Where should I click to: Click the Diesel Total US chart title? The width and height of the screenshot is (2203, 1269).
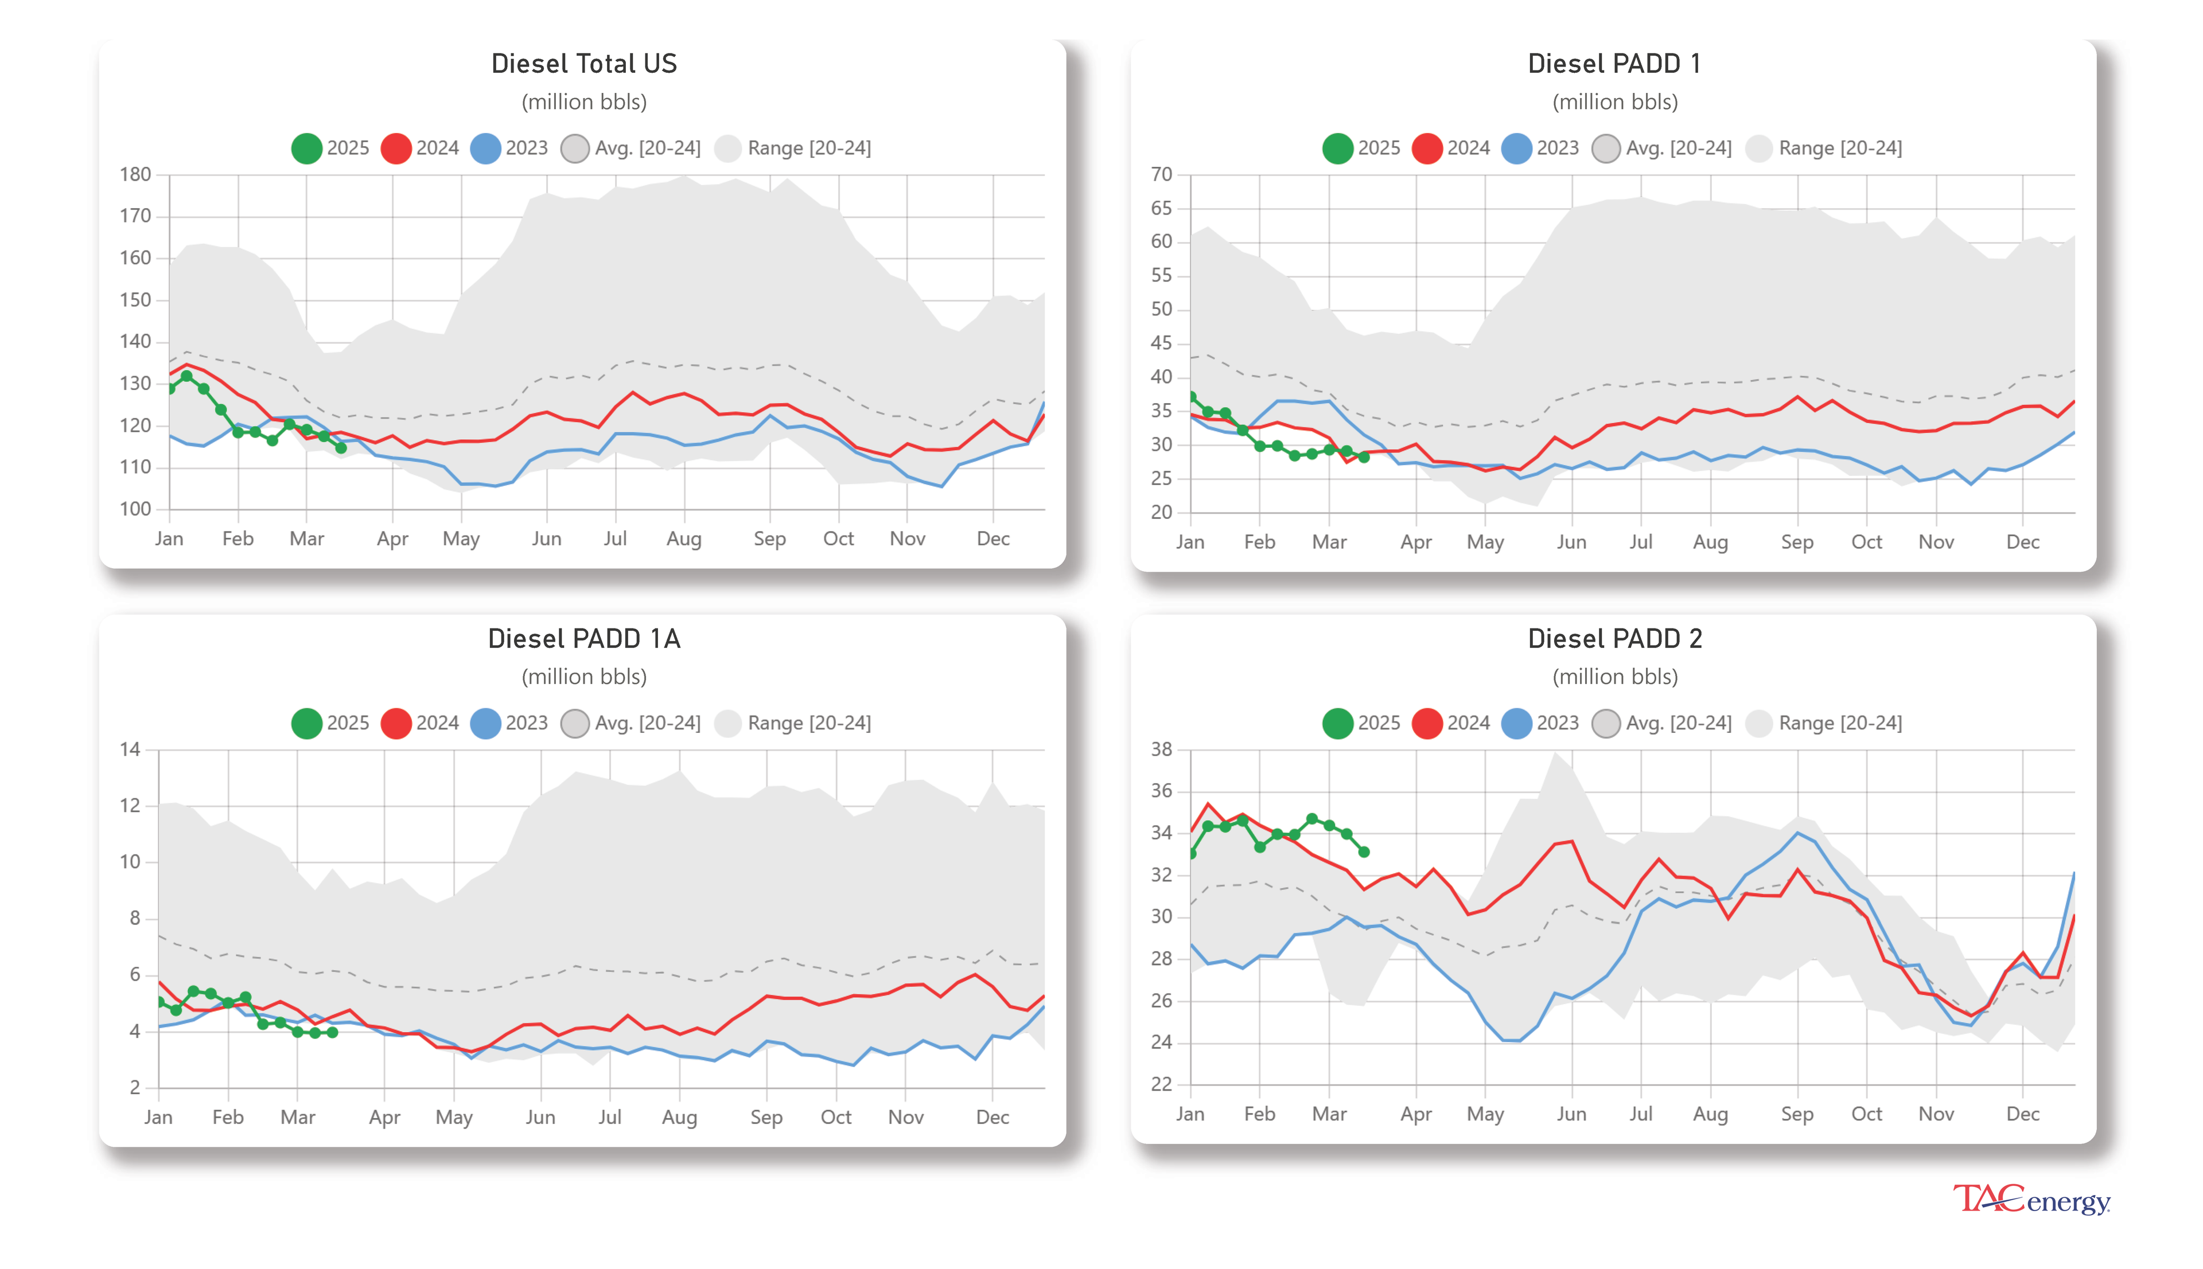[583, 64]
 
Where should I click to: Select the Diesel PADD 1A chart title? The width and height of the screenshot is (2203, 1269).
[583, 639]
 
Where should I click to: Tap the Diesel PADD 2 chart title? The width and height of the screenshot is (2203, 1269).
[1614, 639]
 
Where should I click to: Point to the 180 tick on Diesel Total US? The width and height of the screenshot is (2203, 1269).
[135, 174]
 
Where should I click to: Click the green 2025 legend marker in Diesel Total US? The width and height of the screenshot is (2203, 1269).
[306, 148]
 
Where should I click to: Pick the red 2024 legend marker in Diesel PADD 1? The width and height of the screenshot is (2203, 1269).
[1427, 148]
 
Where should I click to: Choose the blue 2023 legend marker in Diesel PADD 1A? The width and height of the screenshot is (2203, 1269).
[485, 724]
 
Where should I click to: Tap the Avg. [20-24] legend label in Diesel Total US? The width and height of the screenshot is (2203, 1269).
[647, 148]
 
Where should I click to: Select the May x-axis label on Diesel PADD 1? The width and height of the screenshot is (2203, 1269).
[1485, 542]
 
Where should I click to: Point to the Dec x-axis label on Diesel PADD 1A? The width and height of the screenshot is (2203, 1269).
[992, 1118]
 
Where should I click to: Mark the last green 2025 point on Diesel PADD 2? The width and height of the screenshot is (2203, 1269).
[1364, 852]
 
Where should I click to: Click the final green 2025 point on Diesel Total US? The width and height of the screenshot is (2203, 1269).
[341, 448]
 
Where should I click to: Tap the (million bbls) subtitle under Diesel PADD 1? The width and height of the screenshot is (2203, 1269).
[1614, 102]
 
